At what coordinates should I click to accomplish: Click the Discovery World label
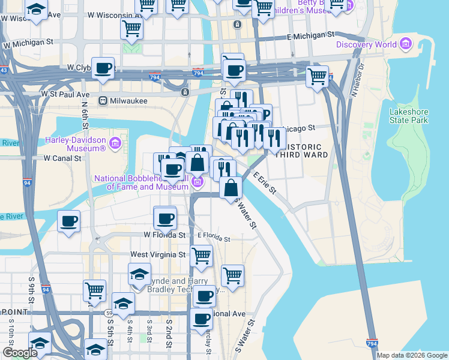pyautogui.click(x=366, y=44)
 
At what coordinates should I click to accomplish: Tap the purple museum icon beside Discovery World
pyautogui.click(x=406, y=44)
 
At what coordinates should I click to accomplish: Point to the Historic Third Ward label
pyautogui.click(x=305, y=151)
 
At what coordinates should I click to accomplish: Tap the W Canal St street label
pyautogui.click(x=62, y=158)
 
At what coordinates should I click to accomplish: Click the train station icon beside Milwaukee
pyautogui.click(x=103, y=101)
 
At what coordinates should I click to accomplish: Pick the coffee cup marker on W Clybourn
pyautogui.click(x=103, y=68)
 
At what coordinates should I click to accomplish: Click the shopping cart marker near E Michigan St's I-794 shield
pyautogui.click(x=317, y=76)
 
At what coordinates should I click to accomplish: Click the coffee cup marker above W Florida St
pyautogui.click(x=165, y=218)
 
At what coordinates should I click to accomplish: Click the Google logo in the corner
pyautogui.click(x=20, y=353)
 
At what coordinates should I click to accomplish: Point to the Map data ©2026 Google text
pyautogui.click(x=412, y=355)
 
